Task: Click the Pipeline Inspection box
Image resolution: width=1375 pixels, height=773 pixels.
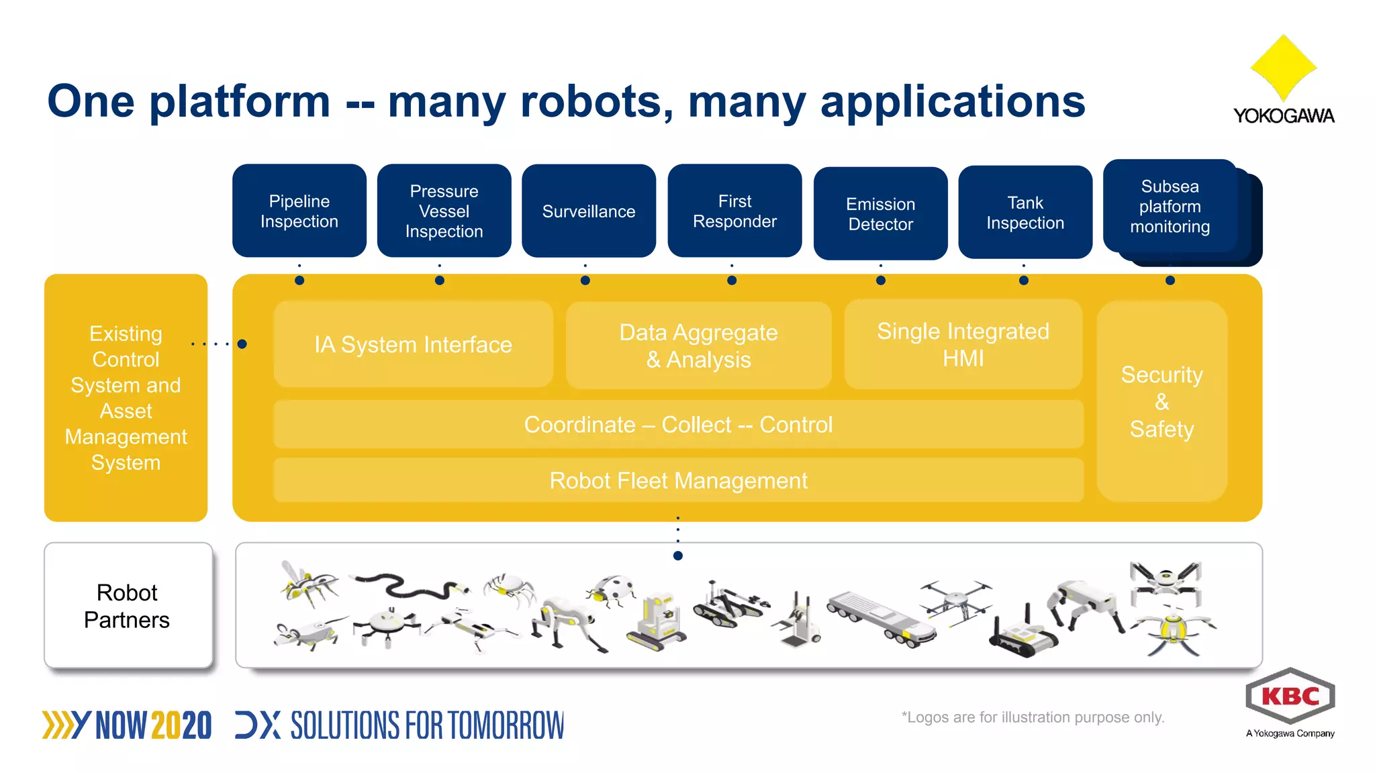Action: [x=299, y=211]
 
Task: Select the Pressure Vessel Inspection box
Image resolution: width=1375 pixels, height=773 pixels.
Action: [x=444, y=211]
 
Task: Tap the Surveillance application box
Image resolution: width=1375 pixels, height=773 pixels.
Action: [x=588, y=211]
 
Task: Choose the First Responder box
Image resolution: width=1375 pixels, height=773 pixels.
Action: [x=734, y=211]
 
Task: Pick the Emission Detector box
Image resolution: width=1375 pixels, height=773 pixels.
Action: [x=880, y=213]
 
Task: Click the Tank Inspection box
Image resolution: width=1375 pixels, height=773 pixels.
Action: [x=1025, y=212]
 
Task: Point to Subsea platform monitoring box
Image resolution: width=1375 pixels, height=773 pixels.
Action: [x=1170, y=207]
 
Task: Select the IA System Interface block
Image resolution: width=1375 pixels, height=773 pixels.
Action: [x=413, y=344]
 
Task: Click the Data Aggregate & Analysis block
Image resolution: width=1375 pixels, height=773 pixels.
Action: [x=698, y=346]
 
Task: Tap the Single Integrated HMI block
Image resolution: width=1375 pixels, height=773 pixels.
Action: [x=963, y=344]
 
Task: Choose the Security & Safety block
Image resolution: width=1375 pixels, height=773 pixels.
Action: [x=1161, y=401]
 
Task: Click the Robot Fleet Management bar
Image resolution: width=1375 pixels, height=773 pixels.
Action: [x=678, y=480]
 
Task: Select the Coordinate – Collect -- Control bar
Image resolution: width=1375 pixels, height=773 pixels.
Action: [x=678, y=425]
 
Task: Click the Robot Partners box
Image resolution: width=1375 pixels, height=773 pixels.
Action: [x=128, y=605]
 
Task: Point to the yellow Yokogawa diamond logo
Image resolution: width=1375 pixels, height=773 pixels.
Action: [x=1283, y=67]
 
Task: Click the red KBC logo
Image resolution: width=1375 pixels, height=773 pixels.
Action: [x=1290, y=696]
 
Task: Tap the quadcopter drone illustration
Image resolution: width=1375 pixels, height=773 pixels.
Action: [x=955, y=599]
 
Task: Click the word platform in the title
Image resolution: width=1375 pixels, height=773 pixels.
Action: [x=240, y=101]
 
